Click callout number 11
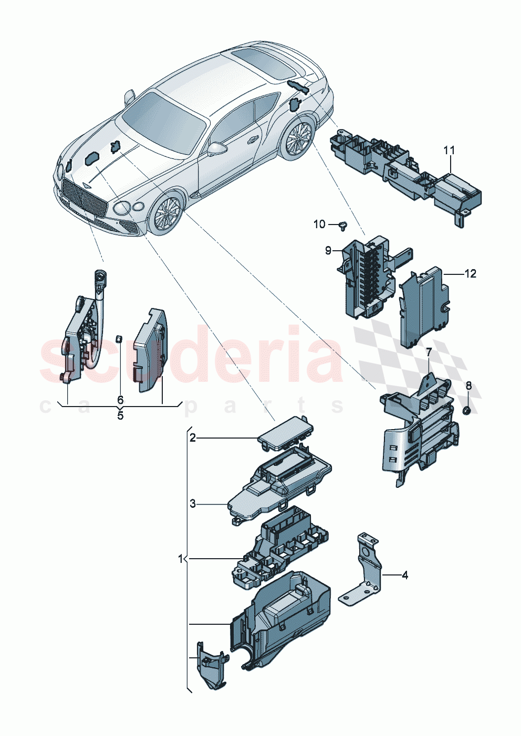coord(449,151)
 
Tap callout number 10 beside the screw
coord(319,225)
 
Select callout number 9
coord(328,251)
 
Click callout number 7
coord(429,351)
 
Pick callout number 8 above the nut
coord(468,386)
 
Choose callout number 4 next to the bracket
coord(404,575)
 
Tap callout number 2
coord(193,438)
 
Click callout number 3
coord(193,504)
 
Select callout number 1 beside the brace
coord(181,559)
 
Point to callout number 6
coord(120,400)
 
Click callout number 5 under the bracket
coord(120,416)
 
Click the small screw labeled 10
coord(345,226)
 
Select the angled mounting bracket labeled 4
coord(365,572)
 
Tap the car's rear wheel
coord(297,139)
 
